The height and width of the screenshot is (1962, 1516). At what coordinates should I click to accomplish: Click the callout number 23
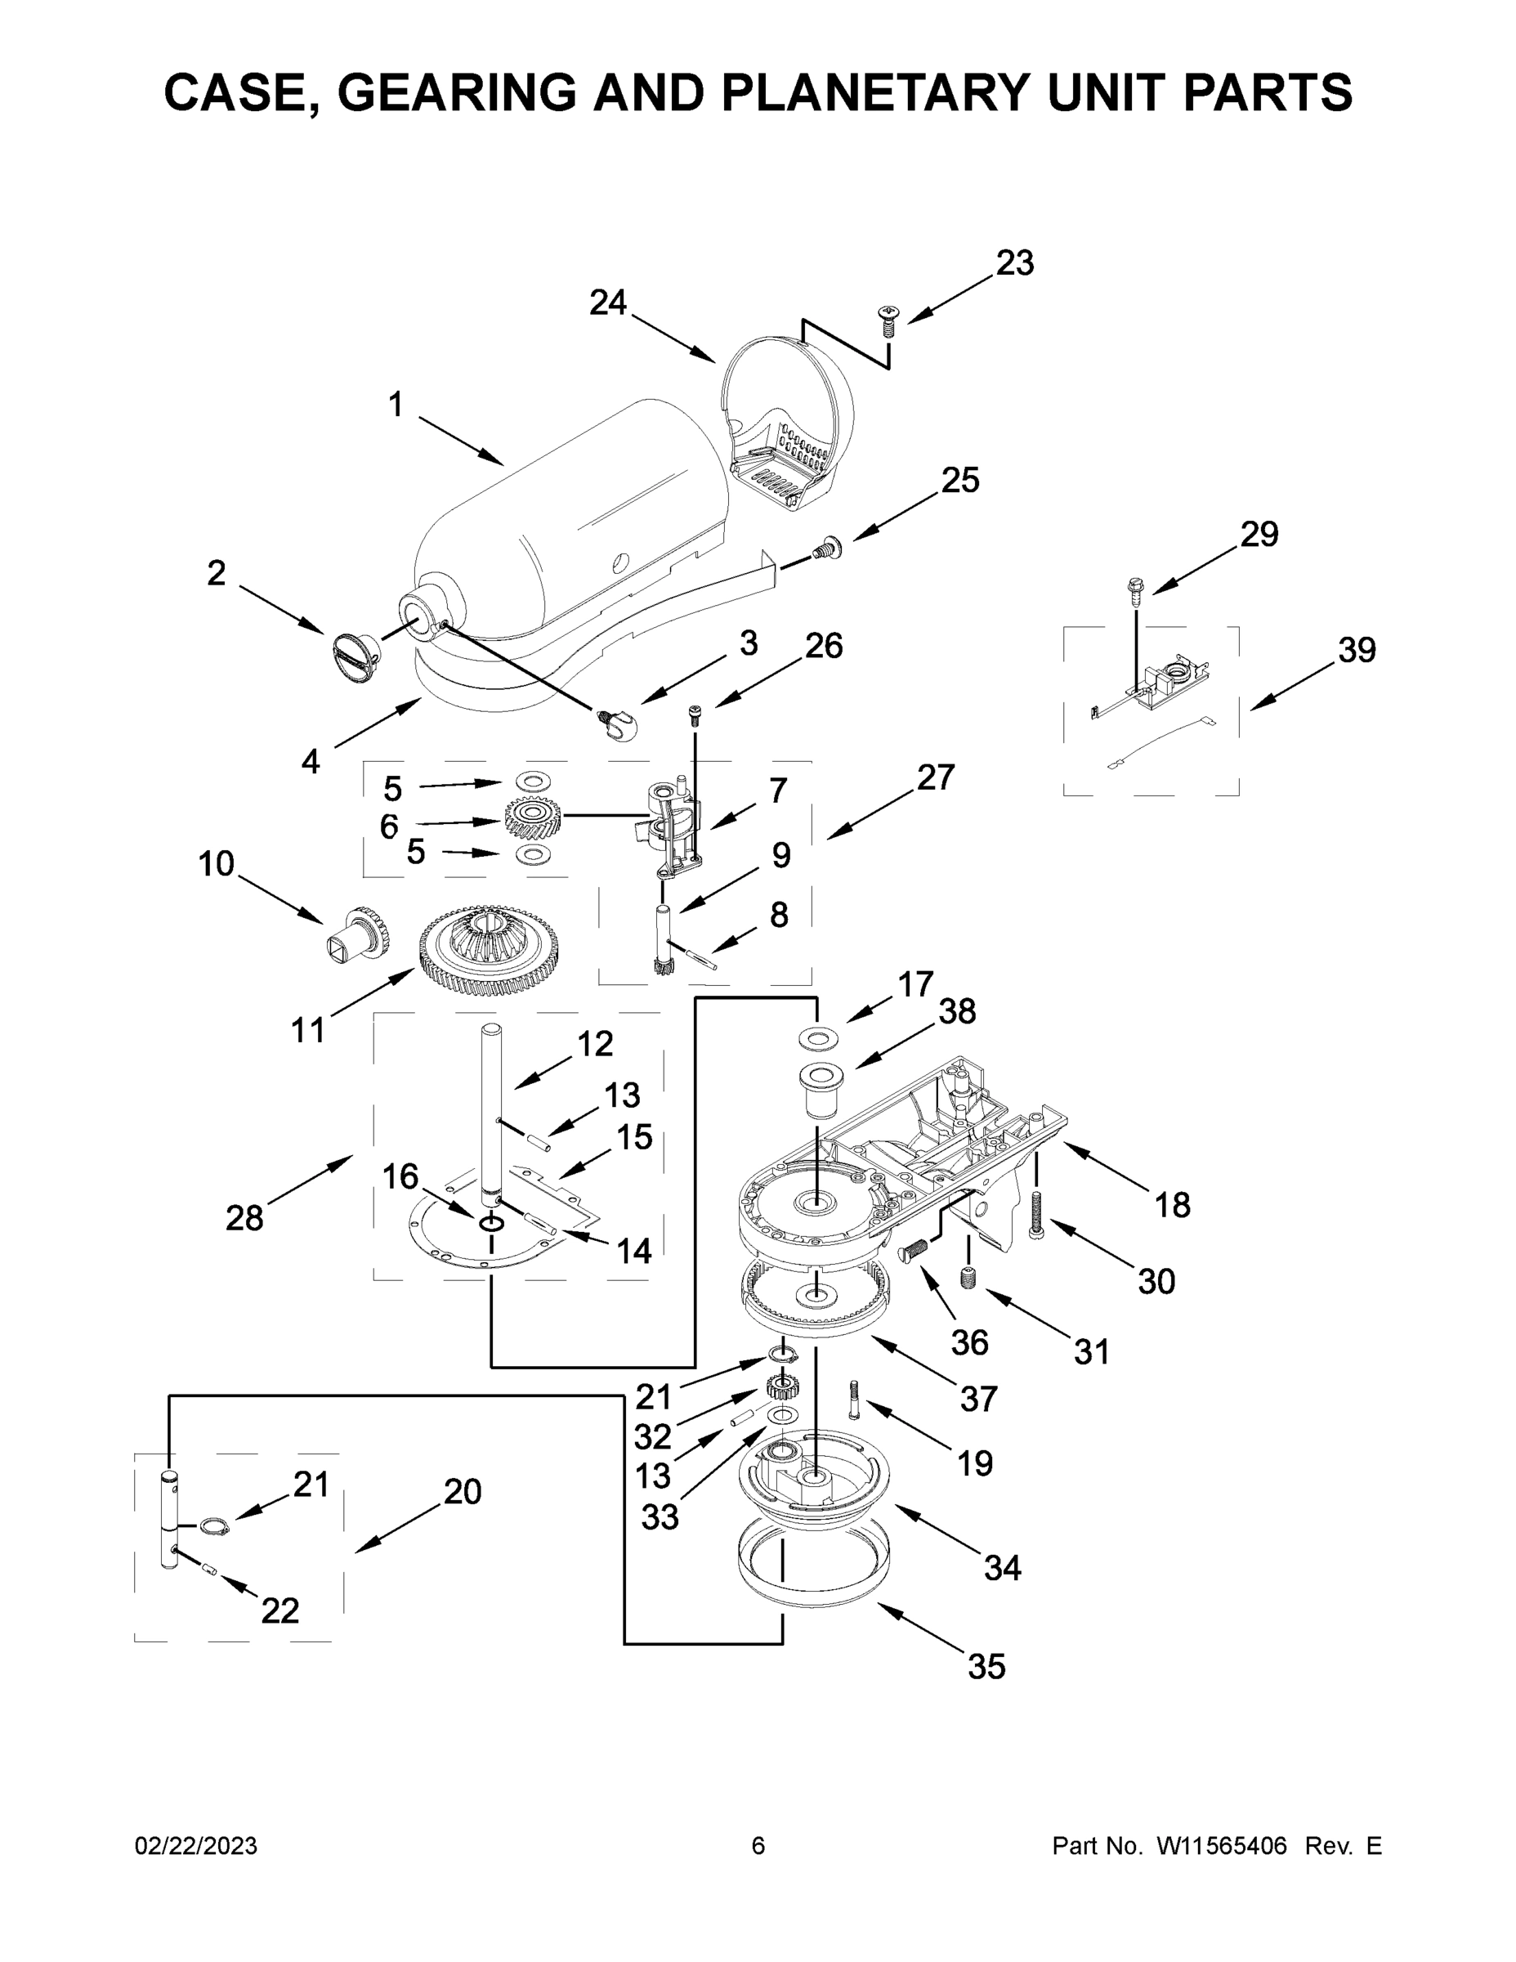point(1015,263)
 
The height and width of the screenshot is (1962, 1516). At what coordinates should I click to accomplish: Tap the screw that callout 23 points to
point(888,319)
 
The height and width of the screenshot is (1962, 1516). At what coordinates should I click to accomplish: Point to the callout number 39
point(1356,650)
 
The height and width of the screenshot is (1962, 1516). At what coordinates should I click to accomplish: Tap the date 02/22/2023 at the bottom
point(196,1845)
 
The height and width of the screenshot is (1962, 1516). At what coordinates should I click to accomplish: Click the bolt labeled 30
point(1037,1216)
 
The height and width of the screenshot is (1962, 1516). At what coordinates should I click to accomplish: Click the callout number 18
point(1172,1205)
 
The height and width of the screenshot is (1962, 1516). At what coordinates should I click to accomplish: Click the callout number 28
point(244,1217)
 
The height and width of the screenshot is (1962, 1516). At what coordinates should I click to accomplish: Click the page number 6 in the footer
point(758,1845)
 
